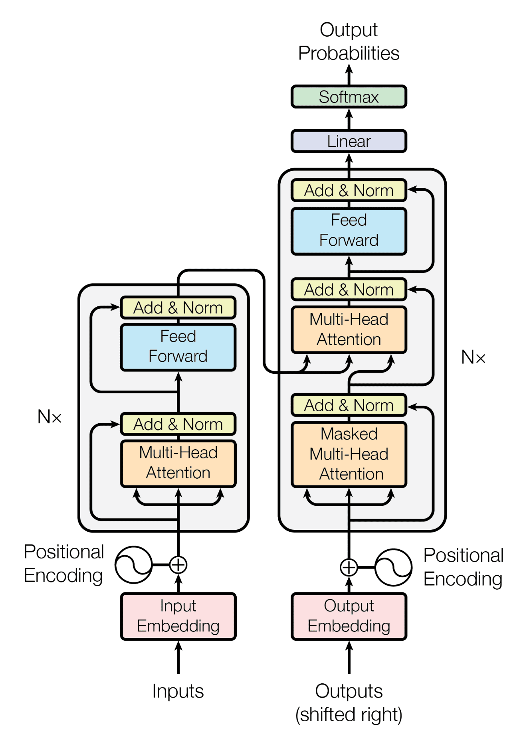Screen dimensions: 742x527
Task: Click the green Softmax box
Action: [x=349, y=97]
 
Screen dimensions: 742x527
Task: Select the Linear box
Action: [x=349, y=141]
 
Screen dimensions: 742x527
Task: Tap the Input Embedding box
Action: [x=178, y=616]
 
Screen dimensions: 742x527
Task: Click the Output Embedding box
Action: [x=349, y=616]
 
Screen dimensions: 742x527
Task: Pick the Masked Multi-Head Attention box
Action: [x=349, y=454]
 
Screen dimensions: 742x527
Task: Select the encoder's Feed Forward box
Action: [x=178, y=347]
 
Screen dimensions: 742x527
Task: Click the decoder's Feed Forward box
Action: [x=349, y=231]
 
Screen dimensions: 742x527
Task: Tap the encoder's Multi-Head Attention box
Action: [x=178, y=463]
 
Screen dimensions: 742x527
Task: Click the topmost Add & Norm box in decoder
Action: [x=349, y=190]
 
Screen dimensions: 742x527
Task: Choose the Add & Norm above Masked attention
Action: [x=349, y=405]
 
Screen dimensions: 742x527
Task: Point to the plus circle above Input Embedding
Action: [x=178, y=564]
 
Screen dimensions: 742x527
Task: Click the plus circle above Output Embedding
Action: [x=349, y=567]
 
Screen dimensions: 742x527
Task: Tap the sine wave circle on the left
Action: [x=133, y=564]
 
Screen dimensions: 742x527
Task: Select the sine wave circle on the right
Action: [x=393, y=567]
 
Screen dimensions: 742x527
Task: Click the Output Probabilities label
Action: [x=349, y=41]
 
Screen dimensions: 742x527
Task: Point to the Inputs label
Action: [x=178, y=691]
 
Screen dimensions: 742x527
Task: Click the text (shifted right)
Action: [x=349, y=714]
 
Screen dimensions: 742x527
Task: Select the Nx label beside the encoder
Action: [x=50, y=417]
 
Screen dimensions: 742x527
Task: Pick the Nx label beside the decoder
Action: [x=473, y=357]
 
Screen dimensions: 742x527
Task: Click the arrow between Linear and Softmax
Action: [x=349, y=119]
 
